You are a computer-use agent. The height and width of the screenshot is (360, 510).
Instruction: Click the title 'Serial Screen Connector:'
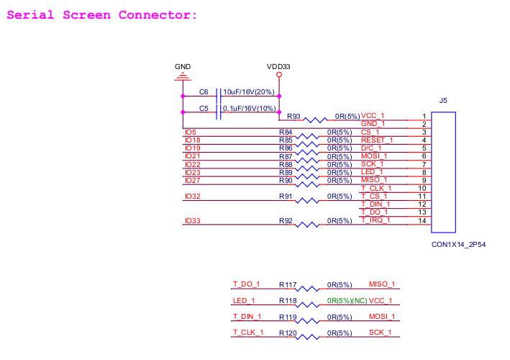coord(101,15)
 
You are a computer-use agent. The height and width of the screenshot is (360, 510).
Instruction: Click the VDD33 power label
coord(278,66)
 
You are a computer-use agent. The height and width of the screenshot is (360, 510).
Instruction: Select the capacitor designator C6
coord(204,93)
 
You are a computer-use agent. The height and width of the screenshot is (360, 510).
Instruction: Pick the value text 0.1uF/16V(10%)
coord(247,109)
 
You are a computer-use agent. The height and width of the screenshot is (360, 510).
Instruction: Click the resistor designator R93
coord(293,116)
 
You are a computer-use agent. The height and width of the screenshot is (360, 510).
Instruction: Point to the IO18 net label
coord(192,140)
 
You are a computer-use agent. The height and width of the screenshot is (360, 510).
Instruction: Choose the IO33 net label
coord(192,221)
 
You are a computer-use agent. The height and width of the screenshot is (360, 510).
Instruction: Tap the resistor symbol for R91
coord(310,199)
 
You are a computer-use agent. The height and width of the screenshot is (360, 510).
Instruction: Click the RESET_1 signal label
coord(378,140)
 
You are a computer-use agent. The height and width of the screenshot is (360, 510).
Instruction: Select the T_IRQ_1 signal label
coord(376,220)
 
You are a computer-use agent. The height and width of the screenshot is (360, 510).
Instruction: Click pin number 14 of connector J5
coord(424,221)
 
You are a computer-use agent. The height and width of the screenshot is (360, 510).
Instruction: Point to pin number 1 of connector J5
coord(424,117)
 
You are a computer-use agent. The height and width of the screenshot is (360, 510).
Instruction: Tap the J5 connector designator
coord(443,101)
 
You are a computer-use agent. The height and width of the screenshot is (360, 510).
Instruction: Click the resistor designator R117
coord(288,285)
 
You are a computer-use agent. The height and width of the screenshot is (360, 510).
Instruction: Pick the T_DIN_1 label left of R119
coord(247,317)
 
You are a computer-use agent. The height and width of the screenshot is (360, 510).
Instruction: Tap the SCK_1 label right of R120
coord(382,333)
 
